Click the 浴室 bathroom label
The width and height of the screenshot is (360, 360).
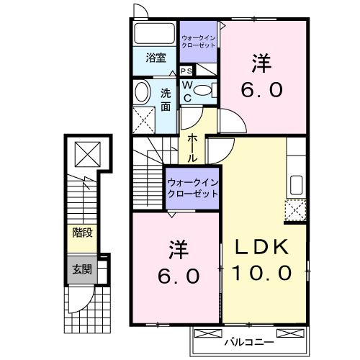click(156, 58)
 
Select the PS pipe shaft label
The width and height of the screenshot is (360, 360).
click(186, 71)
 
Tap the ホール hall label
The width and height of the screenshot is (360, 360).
click(194, 147)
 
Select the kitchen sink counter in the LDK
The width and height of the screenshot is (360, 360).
click(296, 181)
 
